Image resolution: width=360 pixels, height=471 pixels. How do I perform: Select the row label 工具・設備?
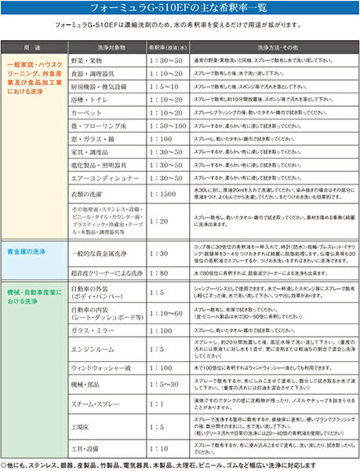point(85,450)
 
